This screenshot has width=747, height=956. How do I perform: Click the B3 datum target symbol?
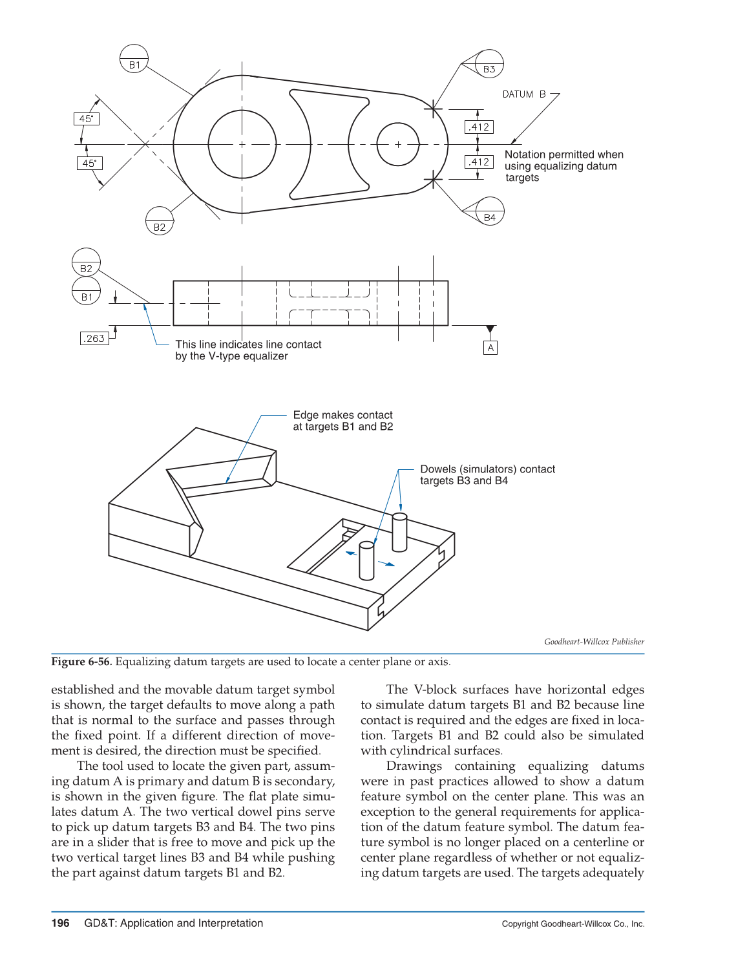(489, 64)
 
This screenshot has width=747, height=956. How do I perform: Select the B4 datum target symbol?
(490, 212)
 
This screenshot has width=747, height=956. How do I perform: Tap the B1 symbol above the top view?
(134, 59)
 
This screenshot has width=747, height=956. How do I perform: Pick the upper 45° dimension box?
(86, 119)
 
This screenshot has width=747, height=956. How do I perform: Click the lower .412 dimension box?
(479, 162)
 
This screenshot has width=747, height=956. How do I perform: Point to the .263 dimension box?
(94, 338)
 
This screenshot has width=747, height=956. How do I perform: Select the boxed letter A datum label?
(490, 348)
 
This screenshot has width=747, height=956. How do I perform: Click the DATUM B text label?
(524, 94)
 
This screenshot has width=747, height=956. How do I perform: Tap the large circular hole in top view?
(242, 144)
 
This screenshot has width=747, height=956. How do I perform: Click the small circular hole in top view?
(398, 144)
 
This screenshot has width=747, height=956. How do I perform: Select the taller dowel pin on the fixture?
(400, 533)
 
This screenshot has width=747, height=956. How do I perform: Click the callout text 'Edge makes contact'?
(342, 415)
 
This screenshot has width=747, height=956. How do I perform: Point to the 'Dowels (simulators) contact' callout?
(487, 469)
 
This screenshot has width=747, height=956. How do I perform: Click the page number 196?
(60, 923)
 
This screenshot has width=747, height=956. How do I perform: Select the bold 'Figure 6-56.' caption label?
(81, 661)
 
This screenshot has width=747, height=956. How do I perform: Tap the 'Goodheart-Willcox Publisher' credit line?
(594, 642)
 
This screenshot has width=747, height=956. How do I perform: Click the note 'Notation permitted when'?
(563, 154)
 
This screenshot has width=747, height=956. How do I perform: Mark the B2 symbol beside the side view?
(86, 262)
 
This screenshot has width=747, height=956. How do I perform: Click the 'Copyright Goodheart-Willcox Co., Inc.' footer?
(573, 924)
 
